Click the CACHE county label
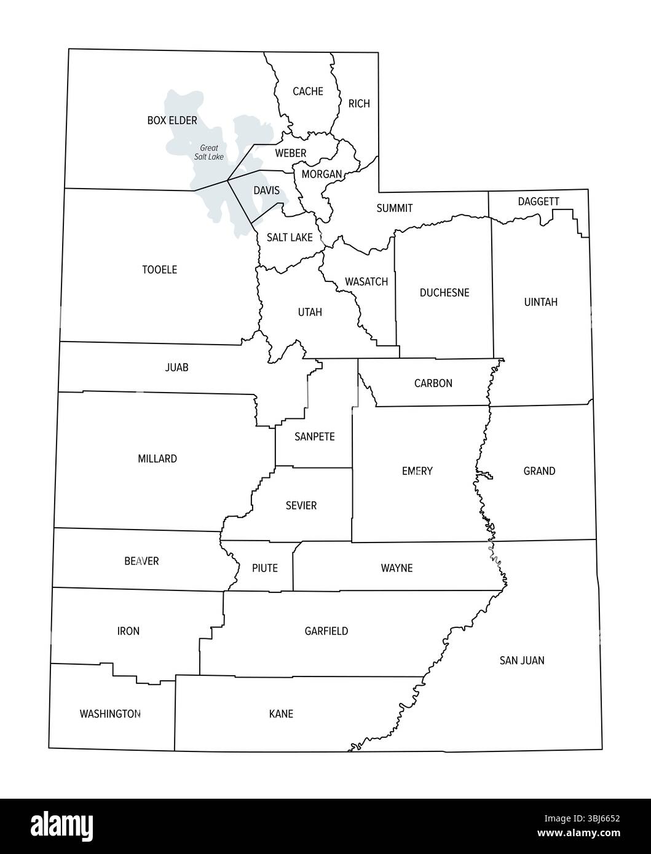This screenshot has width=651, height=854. (307, 92)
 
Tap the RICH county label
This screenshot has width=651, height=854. (359, 104)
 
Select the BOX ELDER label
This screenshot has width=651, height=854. (172, 120)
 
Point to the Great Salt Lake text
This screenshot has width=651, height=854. (208, 152)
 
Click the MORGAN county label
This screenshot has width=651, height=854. (322, 174)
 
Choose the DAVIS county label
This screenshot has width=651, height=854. (267, 190)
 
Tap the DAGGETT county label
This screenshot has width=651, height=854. (539, 202)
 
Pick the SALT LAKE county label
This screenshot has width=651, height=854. (290, 237)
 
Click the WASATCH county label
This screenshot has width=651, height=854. (366, 282)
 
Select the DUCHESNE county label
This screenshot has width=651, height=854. (444, 292)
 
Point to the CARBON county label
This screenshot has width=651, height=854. (433, 383)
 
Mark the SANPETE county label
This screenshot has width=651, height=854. (314, 437)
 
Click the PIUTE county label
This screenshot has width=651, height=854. (265, 568)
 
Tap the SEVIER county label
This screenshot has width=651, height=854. (301, 506)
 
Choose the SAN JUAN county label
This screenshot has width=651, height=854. (522, 660)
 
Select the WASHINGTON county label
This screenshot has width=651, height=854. (110, 714)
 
